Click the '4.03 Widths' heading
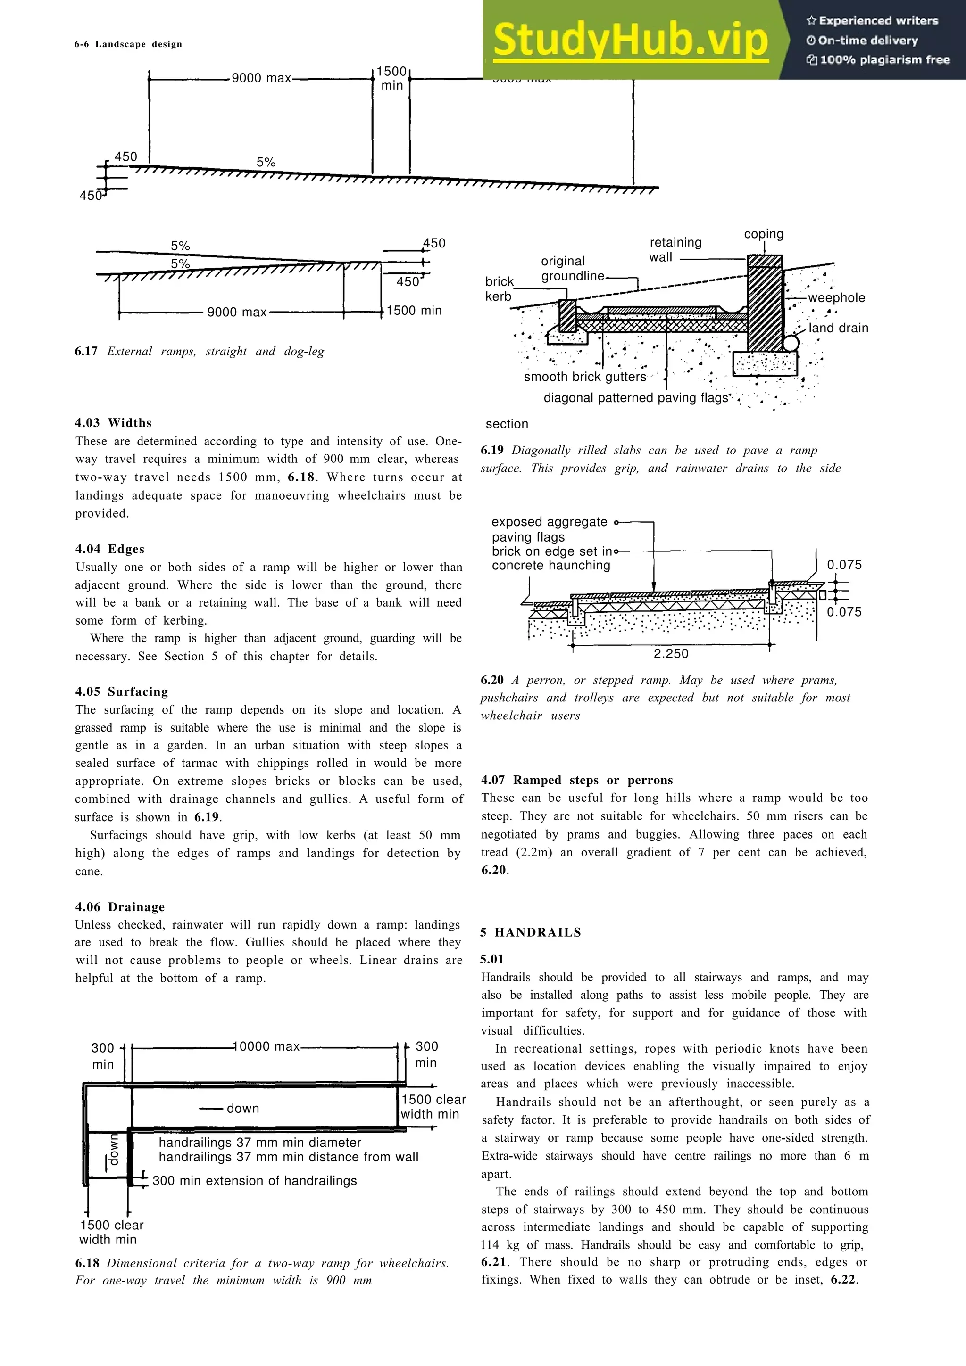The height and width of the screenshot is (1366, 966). point(113,423)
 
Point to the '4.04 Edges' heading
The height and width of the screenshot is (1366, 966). point(109,549)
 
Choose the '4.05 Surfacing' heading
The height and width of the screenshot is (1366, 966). point(121,691)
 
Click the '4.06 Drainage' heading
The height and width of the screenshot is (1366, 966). point(120,907)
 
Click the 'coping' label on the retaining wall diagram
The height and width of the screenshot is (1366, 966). point(764,234)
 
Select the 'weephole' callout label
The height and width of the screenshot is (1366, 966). point(836,298)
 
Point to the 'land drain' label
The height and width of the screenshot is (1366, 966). point(838,328)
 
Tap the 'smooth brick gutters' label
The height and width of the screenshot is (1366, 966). point(584,377)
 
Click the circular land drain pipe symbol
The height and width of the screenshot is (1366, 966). point(791,343)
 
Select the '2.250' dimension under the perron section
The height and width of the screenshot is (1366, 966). point(671,653)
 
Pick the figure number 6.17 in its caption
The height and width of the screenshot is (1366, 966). point(86,351)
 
